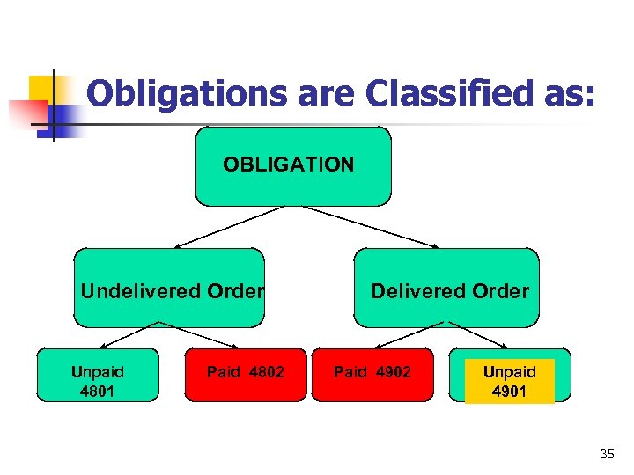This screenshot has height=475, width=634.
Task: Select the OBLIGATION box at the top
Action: coord(292,165)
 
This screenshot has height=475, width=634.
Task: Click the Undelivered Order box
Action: coord(169,288)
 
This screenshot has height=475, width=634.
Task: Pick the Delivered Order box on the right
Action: coord(446,288)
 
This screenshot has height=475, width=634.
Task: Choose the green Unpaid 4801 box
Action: coord(97,375)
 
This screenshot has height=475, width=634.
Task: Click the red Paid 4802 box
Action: coord(246,375)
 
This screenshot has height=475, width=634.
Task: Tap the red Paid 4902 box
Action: coord(372,375)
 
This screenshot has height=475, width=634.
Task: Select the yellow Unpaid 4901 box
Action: coord(510,380)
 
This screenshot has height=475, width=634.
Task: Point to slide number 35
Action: coord(606,454)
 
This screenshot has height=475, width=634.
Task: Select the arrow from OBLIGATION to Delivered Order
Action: coord(370,227)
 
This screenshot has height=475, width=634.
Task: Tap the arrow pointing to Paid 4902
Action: coord(409,336)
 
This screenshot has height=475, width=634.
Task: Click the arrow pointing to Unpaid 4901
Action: coord(475,336)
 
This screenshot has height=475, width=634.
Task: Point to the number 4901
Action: coord(510,391)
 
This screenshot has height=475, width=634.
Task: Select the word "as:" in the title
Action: coord(571,93)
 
